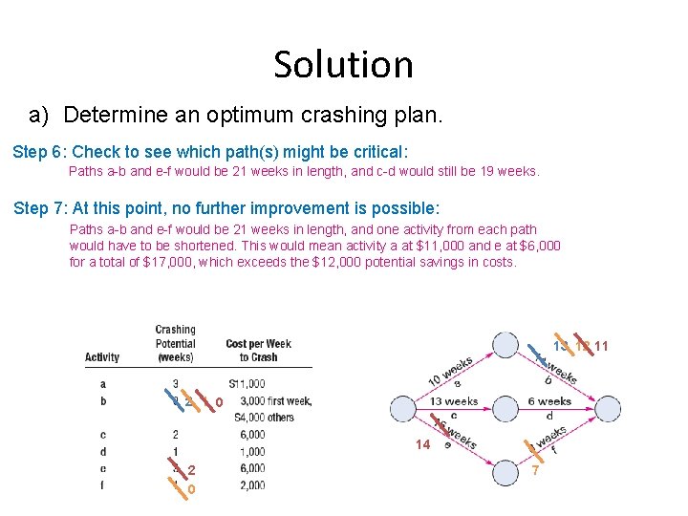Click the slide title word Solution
click(343, 64)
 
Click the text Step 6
click(39, 152)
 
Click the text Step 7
click(41, 208)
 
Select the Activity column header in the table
click(102, 357)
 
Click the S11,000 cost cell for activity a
click(246, 384)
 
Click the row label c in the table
click(102, 435)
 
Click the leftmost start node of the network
click(403, 410)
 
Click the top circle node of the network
click(505, 345)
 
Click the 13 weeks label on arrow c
click(453, 401)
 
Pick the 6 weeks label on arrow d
click(549, 401)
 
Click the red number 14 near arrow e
click(422, 444)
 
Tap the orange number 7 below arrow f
click(536, 470)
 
